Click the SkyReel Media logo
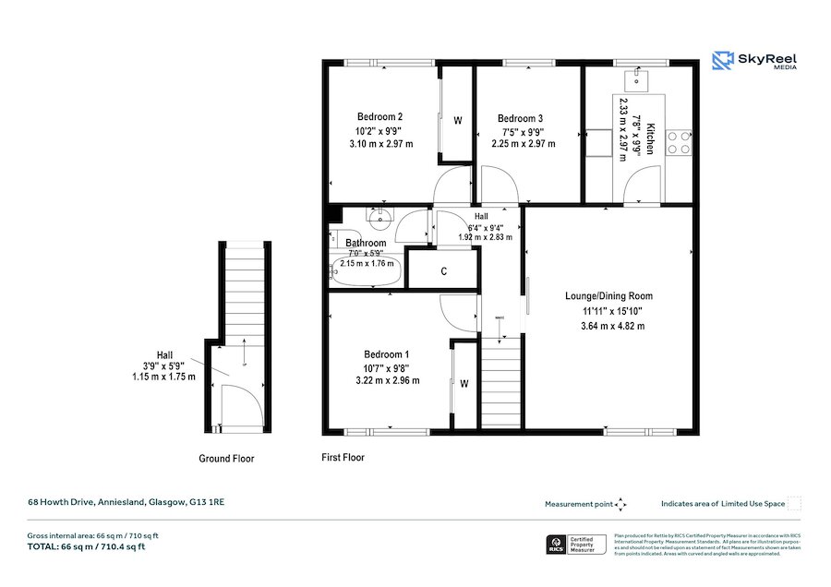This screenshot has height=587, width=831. [x=754, y=62]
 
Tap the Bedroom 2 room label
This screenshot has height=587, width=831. [x=380, y=117]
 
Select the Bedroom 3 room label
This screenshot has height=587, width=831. [x=520, y=118]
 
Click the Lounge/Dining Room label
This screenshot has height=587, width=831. [x=608, y=296]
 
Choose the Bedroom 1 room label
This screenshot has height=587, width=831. [x=386, y=354]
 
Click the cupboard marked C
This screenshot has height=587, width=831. [x=444, y=271]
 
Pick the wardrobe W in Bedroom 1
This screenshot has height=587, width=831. [x=464, y=383]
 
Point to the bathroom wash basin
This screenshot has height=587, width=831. [x=379, y=218]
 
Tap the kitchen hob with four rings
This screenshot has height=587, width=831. [x=680, y=141]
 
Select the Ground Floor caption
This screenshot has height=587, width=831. [x=226, y=459]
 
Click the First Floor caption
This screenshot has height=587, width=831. [x=343, y=457]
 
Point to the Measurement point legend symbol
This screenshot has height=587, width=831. [x=620, y=504]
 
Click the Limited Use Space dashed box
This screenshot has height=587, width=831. [x=794, y=504]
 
